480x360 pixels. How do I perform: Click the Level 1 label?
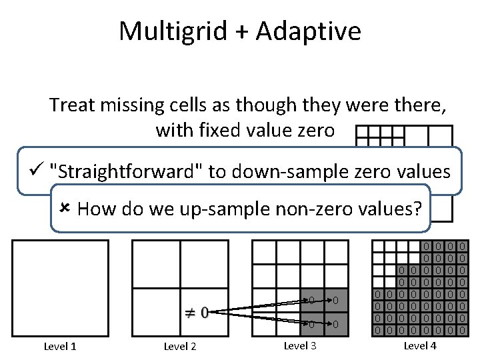(60, 346)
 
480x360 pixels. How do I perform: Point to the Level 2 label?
(180, 346)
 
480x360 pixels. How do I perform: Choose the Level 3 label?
(300, 345)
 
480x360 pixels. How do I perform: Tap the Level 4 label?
(420, 345)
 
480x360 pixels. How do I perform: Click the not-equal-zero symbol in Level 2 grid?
(197, 311)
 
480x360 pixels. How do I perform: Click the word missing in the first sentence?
(125, 105)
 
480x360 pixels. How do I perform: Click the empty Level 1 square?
(60, 288)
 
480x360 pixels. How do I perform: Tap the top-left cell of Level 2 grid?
(156, 264)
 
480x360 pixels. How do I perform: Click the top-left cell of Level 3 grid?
(258, 247)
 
